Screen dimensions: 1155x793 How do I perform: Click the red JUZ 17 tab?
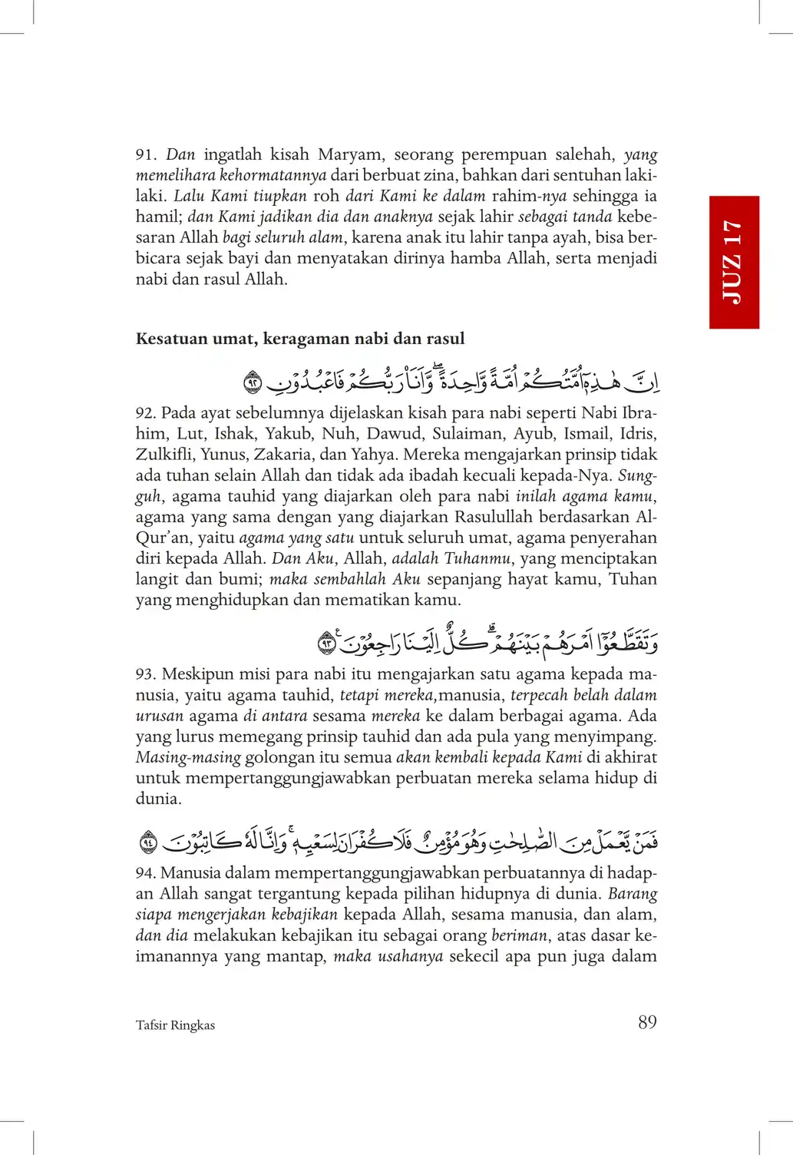tap(734, 262)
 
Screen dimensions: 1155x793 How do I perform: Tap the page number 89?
tap(647, 1022)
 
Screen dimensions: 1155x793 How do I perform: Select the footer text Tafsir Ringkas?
tap(175, 1025)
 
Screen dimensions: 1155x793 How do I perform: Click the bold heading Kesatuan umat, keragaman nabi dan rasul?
tap(300, 339)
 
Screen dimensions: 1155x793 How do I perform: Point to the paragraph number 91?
tap(145, 155)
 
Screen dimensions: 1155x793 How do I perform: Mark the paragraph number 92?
tap(145, 413)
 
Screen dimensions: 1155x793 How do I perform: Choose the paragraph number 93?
tap(145, 674)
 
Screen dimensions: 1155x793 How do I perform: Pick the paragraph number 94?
tap(145, 873)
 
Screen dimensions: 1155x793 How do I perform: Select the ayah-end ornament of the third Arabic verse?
tap(149, 842)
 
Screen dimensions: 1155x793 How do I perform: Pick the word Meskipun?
tap(198, 674)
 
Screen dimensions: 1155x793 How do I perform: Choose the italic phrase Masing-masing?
tap(188, 757)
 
